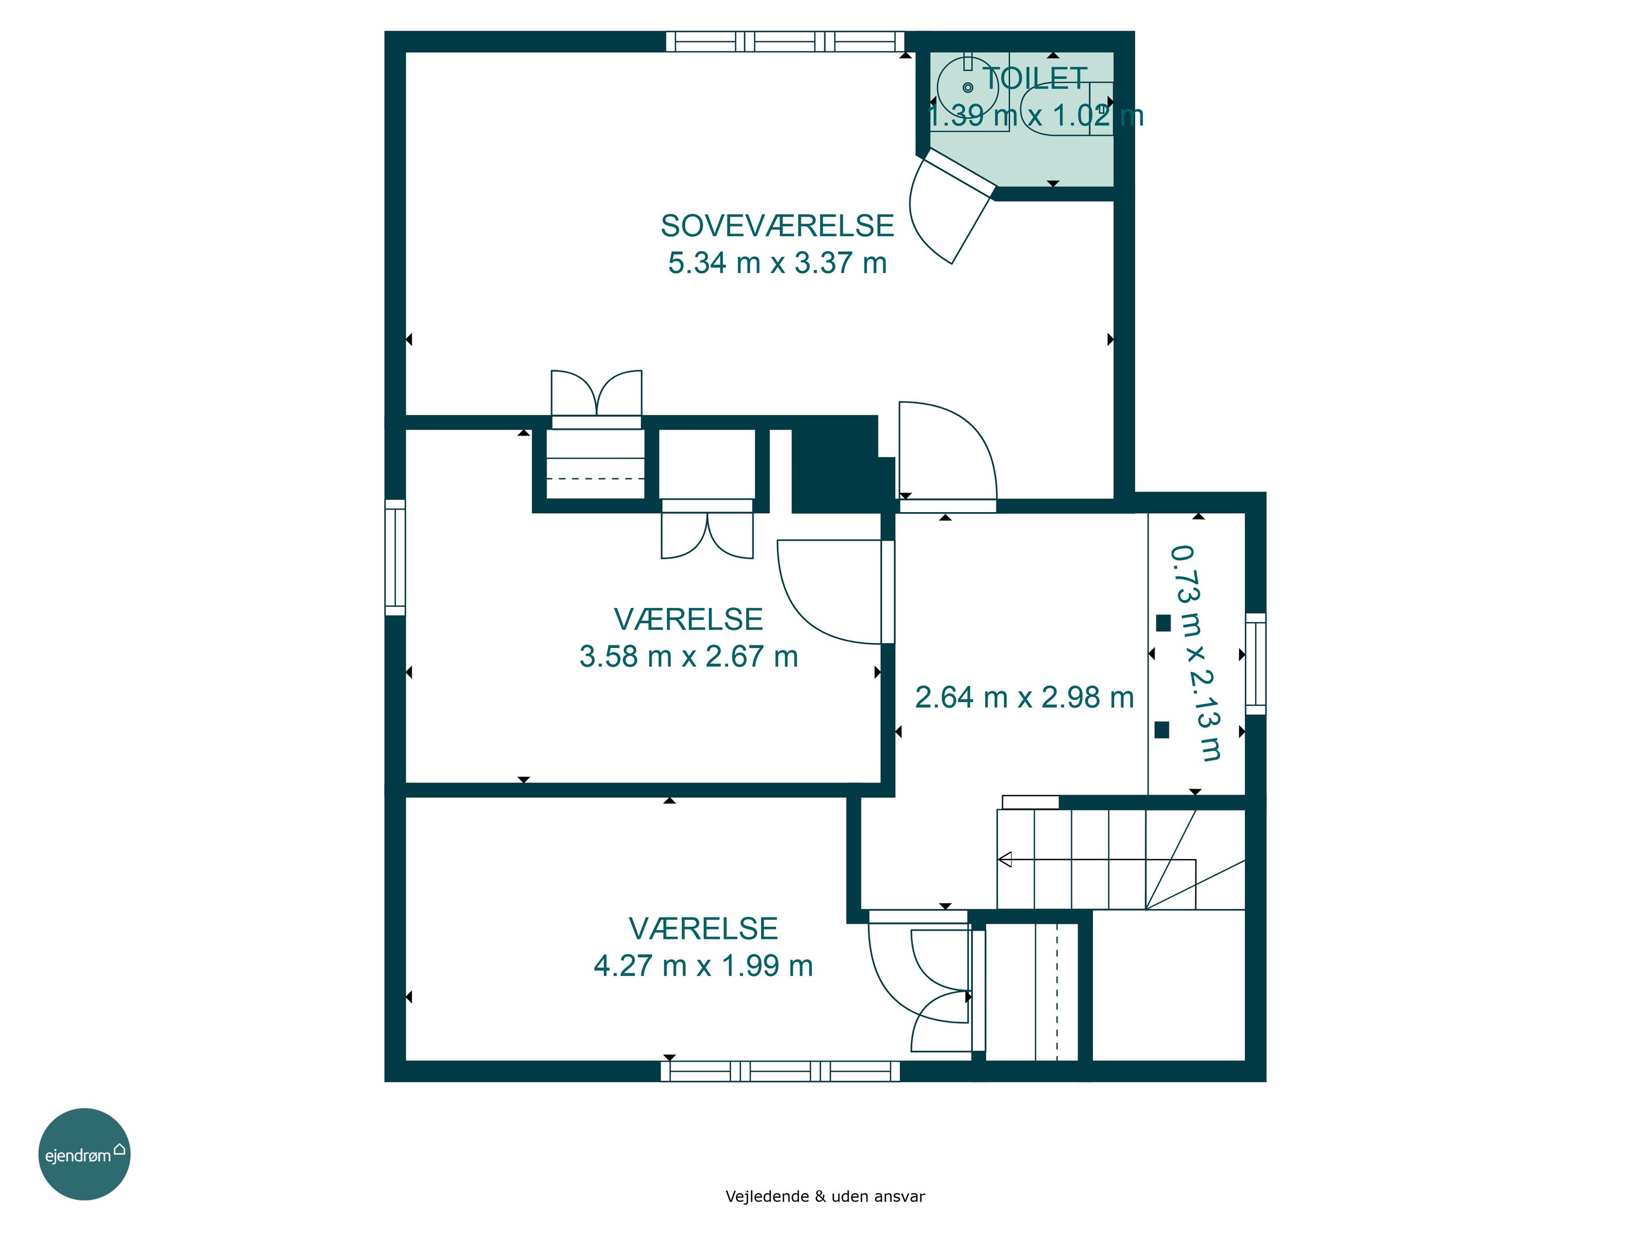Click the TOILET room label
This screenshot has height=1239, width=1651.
[1035, 78]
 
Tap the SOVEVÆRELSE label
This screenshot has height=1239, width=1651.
[777, 226]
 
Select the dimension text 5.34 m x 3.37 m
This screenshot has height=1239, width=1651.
[777, 263]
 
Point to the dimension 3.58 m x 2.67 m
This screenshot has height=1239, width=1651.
[688, 656]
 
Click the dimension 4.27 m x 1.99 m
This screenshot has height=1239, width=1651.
[703, 966]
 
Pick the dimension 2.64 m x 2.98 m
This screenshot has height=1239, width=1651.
[1024, 698]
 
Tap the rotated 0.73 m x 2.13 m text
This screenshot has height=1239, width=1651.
[1196, 654]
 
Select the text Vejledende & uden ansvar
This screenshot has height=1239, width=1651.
[825, 1197]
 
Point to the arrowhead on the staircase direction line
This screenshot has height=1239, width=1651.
[1004, 860]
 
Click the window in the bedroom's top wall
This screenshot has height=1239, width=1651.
[784, 41]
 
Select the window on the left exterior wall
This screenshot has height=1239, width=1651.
[395, 558]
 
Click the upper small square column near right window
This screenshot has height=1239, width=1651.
[1163, 623]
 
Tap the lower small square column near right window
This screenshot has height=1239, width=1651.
[1161, 730]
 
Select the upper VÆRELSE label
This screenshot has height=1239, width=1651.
[688, 619]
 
